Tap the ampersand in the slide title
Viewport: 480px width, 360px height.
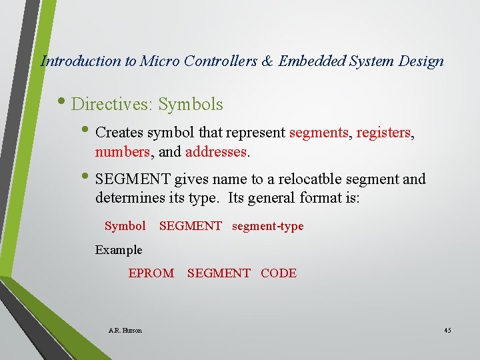coord(267,61)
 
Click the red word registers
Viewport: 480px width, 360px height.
coord(384,133)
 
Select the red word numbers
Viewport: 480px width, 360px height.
coord(123,151)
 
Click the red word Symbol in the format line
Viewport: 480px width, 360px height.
coord(125,226)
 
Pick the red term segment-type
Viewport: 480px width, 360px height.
coord(267,226)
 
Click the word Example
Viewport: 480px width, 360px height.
coord(119,250)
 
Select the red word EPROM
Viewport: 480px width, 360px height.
coord(151,273)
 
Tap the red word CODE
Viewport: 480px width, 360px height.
coord(279,273)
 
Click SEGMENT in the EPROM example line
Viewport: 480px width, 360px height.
coord(219,273)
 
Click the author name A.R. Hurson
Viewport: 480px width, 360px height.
coord(125,330)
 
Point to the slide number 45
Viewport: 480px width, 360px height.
coord(447,330)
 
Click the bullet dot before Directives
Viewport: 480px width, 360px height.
coord(64,103)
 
